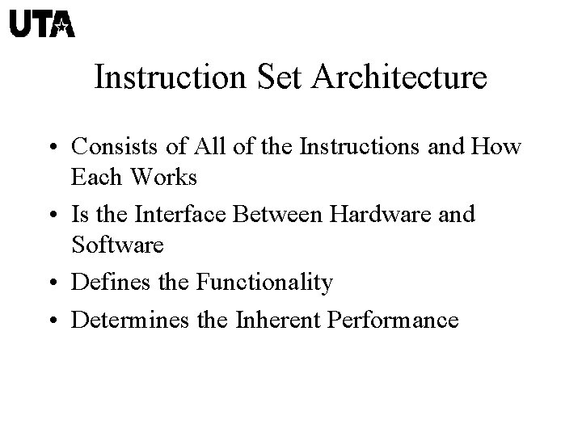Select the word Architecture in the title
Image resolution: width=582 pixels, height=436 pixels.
click(x=398, y=78)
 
